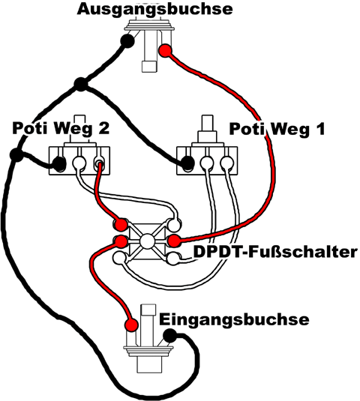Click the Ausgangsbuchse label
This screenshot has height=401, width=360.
pos(154,10)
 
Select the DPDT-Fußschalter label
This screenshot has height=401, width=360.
pos(275,252)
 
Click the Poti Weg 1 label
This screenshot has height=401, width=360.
pos(277,129)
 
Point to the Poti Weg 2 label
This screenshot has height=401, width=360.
pos(61,128)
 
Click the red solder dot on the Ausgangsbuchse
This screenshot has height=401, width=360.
pos(165,51)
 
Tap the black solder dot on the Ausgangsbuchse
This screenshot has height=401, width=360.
pos(127,40)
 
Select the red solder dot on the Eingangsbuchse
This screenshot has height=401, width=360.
pos(131,325)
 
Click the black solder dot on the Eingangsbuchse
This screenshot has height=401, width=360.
pos(170,336)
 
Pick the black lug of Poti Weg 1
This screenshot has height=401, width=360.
pos(187,163)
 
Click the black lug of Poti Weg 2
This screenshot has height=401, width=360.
pos(59,163)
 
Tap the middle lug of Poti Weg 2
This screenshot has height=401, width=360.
pos(79,162)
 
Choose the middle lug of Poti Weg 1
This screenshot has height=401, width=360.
pos(207,162)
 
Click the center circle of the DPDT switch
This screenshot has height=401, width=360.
pos(147,241)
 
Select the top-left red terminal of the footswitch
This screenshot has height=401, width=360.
pos(121,225)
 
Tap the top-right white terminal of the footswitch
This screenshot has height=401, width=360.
pos(174,225)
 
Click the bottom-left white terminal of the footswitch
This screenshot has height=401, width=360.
pos(119,259)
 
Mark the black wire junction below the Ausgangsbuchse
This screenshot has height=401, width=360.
pos(81,84)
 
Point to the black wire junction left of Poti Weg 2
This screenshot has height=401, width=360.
pos(17,155)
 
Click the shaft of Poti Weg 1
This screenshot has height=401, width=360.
pos(207,124)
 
